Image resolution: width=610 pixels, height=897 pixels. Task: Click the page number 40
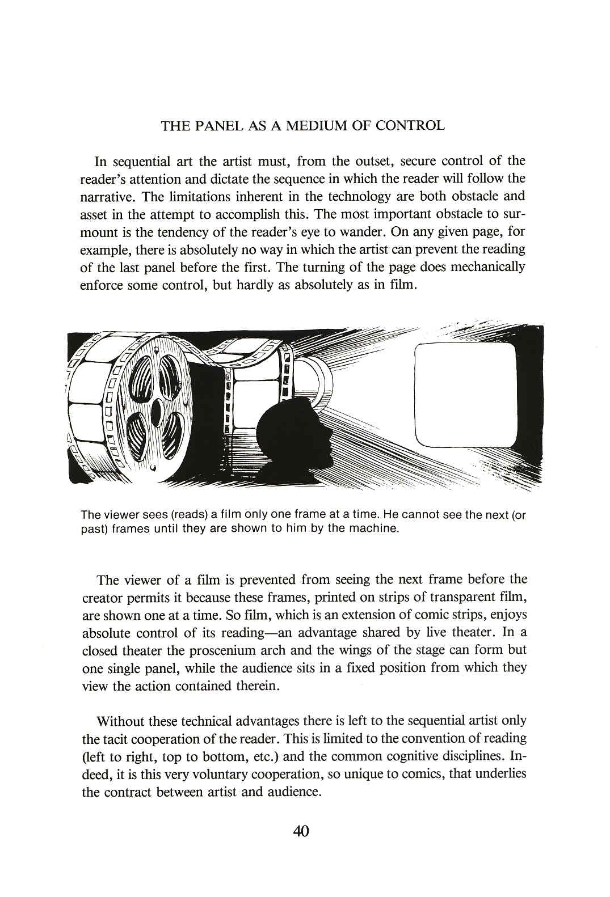(301, 832)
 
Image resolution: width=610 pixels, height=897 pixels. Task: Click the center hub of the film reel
(157, 408)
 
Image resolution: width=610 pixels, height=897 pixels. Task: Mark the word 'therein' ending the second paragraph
(258, 686)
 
